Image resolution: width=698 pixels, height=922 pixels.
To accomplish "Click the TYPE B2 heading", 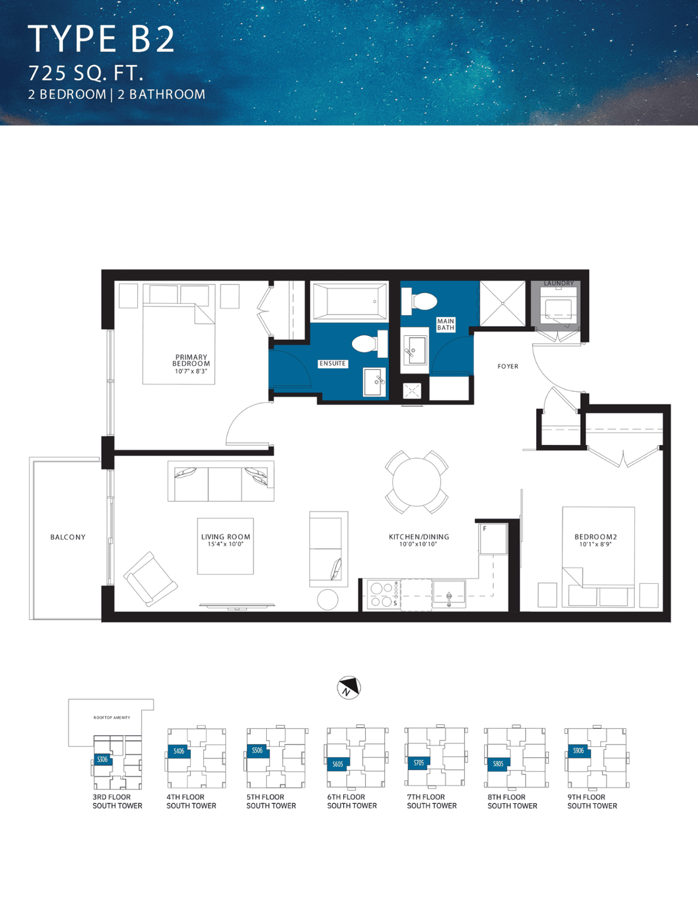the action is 101,39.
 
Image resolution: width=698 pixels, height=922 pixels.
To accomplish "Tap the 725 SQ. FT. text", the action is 86,73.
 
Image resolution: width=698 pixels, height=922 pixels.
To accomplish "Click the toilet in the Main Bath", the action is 419,301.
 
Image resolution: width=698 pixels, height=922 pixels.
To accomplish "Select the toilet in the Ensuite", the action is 370,343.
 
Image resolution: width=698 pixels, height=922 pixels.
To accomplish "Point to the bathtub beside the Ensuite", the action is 350,301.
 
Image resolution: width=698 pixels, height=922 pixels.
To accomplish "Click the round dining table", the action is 416,482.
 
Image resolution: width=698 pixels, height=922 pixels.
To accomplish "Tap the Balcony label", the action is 68,537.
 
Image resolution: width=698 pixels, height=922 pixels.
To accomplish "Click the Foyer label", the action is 508,366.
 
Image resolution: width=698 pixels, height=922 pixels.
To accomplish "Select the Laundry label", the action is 559,284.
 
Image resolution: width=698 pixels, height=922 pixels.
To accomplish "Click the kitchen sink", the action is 449,593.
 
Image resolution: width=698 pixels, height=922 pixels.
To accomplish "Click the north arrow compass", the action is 349,687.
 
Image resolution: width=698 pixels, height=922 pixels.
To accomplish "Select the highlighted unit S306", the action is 103,759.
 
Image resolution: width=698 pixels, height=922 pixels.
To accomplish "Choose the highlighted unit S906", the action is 579,751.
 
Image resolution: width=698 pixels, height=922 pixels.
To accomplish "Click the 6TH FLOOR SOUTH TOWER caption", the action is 352,802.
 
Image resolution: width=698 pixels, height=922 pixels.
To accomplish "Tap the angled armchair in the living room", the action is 150,579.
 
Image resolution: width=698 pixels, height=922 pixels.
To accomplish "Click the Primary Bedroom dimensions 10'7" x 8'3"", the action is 191,371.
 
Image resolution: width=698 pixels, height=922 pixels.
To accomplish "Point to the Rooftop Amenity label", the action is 112,717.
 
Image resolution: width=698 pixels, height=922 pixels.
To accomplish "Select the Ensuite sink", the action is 374,382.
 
